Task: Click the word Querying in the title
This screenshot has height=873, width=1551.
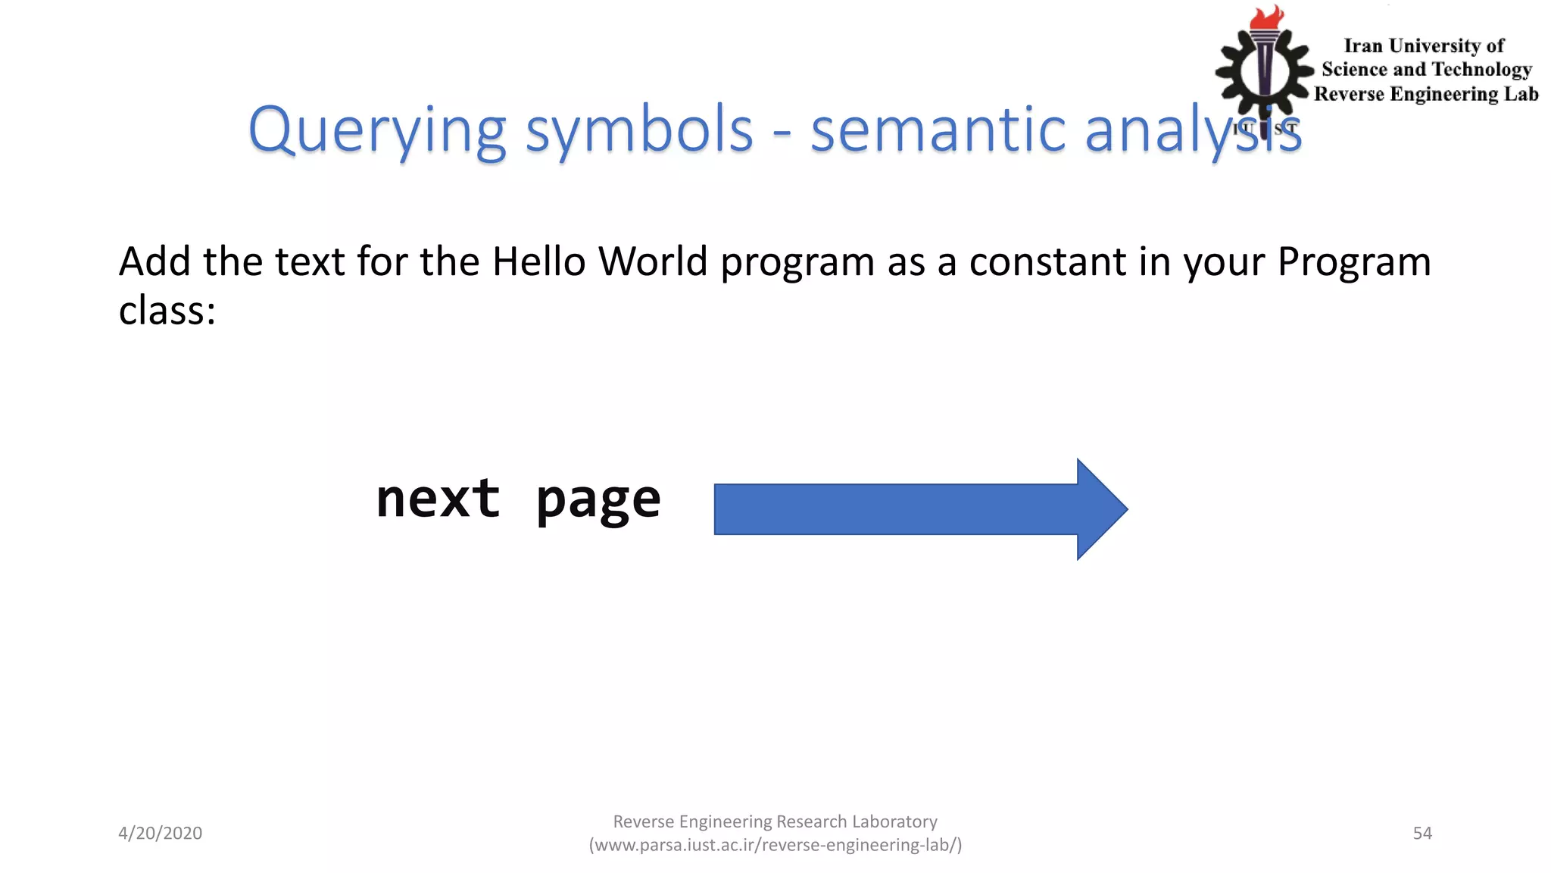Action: click(x=376, y=130)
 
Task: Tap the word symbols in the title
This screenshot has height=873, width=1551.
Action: click(x=639, y=130)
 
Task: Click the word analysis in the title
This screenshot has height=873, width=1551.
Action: click(x=1192, y=130)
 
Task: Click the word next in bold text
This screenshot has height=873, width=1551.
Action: click(x=438, y=499)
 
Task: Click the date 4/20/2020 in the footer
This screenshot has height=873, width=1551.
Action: click(x=160, y=833)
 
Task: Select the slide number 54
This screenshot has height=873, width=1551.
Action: click(x=1422, y=833)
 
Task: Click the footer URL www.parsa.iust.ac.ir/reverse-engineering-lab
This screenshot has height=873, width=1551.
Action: click(x=775, y=845)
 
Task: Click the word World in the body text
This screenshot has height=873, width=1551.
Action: click(x=652, y=261)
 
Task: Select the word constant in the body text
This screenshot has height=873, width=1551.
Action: click(x=1047, y=261)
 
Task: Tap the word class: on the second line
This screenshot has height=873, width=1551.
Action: click(x=167, y=311)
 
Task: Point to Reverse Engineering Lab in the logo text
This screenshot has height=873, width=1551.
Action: click(x=1425, y=94)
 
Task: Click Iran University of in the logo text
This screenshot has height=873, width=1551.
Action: click(x=1424, y=46)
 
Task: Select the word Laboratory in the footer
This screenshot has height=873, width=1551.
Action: click(x=894, y=821)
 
